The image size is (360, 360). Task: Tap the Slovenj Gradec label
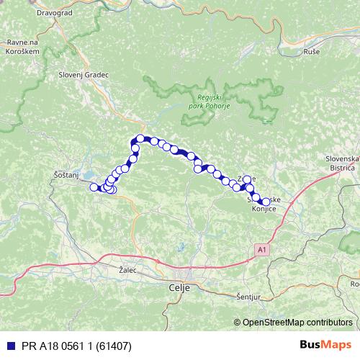pyautogui.click(x=83, y=74)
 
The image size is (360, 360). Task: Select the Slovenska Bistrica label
pyautogui.click(x=341, y=162)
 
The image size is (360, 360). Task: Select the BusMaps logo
pyautogui.click(x=325, y=345)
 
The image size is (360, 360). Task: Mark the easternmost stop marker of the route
pyautogui.click(x=266, y=202)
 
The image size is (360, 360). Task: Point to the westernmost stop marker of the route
pyautogui.click(x=93, y=187)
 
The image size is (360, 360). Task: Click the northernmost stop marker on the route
pyautogui.click(x=140, y=138)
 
